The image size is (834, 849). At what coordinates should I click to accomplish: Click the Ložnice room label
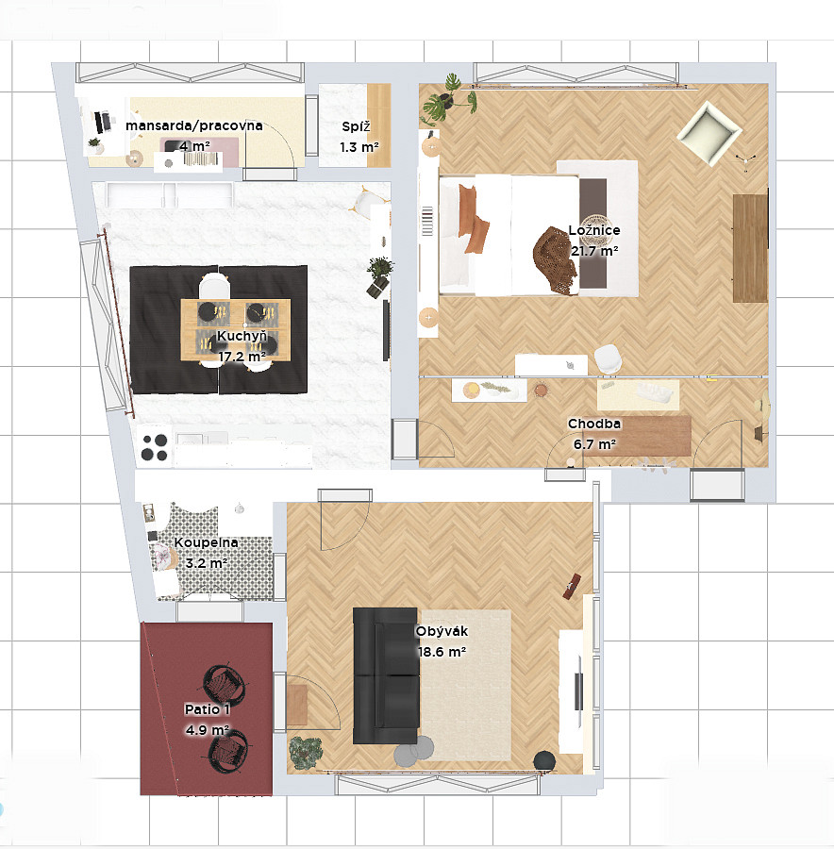click(x=594, y=230)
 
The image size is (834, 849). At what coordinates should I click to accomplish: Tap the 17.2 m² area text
click(x=242, y=357)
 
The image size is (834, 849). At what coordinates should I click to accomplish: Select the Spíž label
click(x=356, y=126)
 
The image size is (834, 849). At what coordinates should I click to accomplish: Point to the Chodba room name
click(x=594, y=424)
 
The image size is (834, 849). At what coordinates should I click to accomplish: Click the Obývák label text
click(x=442, y=631)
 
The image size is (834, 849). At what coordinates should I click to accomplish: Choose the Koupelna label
click(x=206, y=542)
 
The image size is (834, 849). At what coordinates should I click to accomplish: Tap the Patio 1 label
click(x=207, y=709)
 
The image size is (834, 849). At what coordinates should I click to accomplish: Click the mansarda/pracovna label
click(x=194, y=125)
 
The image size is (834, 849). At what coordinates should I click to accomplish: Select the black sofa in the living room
click(x=386, y=675)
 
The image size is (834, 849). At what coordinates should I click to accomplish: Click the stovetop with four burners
click(x=155, y=447)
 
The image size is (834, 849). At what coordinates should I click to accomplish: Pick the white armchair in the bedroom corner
click(x=709, y=132)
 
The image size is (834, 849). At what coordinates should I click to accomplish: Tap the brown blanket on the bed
click(x=555, y=261)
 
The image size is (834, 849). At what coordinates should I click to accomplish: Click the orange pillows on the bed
click(x=473, y=219)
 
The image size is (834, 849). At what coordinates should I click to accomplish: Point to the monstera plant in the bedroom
click(x=448, y=100)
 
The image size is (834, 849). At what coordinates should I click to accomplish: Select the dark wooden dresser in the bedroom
click(x=750, y=248)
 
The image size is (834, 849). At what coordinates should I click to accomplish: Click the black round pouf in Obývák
click(x=544, y=761)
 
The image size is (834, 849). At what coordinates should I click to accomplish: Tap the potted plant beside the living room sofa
click(x=306, y=753)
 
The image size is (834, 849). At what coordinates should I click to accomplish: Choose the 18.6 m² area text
click(x=442, y=652)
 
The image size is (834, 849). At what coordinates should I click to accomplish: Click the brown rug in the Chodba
click(x=637, y=436)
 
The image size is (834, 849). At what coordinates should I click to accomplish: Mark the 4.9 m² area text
click(x=207, y=730)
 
